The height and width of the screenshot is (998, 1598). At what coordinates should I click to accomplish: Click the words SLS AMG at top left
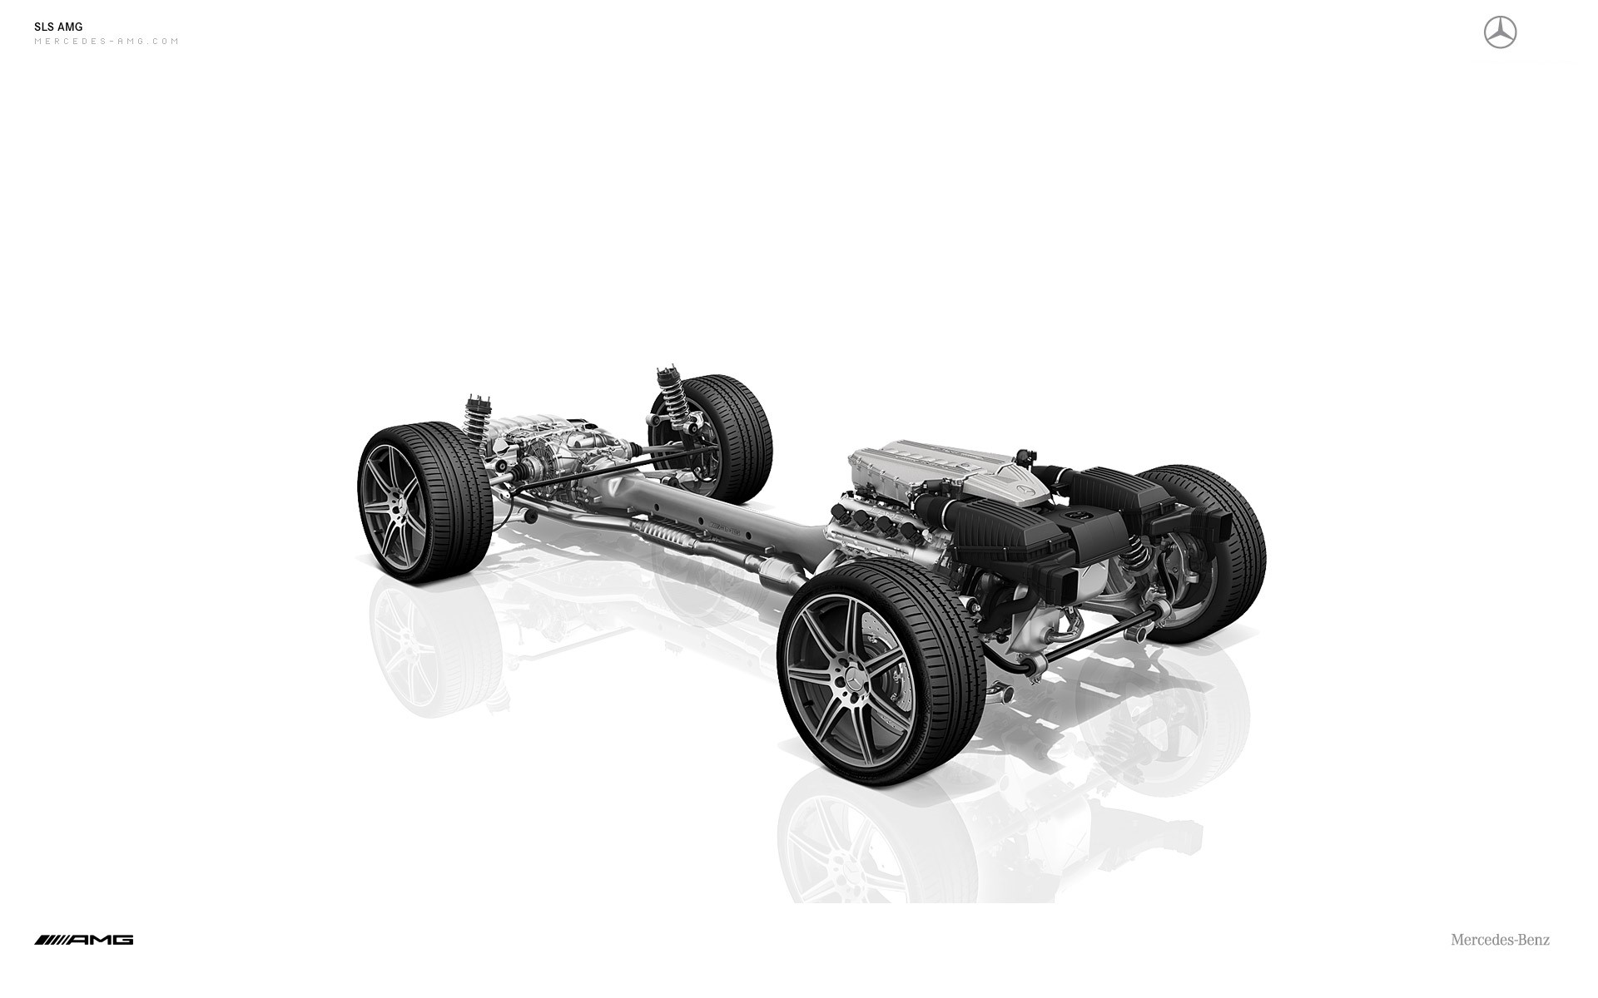point(58,27)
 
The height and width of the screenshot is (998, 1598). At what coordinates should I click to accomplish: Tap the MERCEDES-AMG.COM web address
point(107,41)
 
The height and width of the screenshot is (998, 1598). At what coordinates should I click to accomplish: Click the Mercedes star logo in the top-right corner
point(1500,32)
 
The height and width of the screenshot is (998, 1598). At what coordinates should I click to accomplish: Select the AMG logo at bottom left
point(83,940)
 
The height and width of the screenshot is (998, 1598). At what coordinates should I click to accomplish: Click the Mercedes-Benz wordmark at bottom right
point(1500,940)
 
